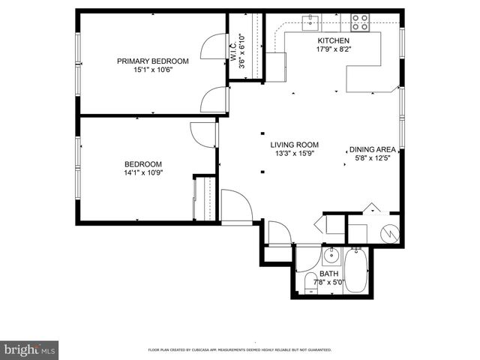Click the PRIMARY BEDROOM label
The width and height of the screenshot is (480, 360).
point(152,61)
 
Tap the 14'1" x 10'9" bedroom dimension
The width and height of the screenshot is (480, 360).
point(142,172)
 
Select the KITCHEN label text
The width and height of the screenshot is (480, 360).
point(333,40)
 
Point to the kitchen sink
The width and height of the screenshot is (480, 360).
point(309,21)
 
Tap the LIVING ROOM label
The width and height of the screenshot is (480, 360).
point(295,145)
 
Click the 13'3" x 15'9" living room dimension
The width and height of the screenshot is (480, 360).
point(295,154)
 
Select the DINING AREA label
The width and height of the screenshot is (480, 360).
point(373,149)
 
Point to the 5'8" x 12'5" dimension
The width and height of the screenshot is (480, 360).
point(373,158)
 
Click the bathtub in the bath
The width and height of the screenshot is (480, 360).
point(356,271)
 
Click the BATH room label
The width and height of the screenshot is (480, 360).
point(328,274)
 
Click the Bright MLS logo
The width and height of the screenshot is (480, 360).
point(30,349)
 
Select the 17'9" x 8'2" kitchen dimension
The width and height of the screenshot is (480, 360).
point(333,49)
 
